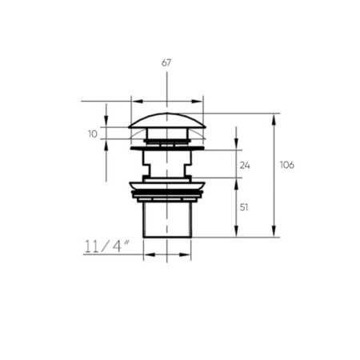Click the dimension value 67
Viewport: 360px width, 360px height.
point(166,63)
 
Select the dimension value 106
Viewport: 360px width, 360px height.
point(287,165)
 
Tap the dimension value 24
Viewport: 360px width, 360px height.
point(245,166)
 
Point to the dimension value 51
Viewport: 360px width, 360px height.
point(244,207)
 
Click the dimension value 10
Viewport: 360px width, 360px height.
point(93,134)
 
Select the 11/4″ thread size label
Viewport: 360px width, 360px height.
point(107,246)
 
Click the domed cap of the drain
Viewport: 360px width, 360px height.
point(167,121)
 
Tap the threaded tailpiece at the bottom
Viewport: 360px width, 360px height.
point(167,220)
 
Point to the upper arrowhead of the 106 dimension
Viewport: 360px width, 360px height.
point(274,119)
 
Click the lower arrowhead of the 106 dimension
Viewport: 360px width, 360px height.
point(274,231)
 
